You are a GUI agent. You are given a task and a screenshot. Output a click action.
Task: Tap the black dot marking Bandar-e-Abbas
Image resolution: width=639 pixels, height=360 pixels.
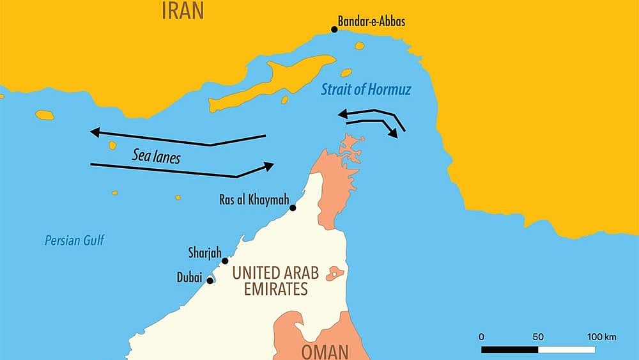[x=334, y=29]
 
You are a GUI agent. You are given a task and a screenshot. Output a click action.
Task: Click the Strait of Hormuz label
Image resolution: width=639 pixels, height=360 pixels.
[x=366, y=90]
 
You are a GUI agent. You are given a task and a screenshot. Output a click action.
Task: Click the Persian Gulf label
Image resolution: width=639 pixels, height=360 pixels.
[x=74, y=241]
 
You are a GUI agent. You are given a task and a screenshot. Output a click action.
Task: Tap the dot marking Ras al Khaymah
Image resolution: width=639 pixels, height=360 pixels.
[x=293, y=208]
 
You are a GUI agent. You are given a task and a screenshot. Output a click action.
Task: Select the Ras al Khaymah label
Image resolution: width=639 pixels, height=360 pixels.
[x=252, y=200]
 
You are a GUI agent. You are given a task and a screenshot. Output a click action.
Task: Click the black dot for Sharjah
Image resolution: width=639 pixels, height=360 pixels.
[x=225, y=261]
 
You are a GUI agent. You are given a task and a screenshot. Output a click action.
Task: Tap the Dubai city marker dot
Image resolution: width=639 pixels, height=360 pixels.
[x=210, y=281]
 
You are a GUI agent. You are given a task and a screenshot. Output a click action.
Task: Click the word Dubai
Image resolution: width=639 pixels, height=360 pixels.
[x=189, y=278]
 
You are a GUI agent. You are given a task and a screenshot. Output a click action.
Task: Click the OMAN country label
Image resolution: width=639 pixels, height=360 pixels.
[x=325, y=352]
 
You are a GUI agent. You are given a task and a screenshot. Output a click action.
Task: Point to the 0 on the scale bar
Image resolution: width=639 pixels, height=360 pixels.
[x=481, y=337]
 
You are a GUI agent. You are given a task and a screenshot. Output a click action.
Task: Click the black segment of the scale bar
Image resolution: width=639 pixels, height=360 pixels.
[x=509, y=350]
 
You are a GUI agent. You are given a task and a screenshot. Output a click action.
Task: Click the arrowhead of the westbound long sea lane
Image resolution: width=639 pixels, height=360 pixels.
[x=95, y=132]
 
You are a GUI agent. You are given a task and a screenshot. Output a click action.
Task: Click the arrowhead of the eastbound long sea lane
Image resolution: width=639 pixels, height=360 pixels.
[x=269, y=166]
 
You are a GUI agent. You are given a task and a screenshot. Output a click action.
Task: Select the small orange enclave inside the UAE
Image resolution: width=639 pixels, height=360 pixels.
[x=335, y=274]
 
